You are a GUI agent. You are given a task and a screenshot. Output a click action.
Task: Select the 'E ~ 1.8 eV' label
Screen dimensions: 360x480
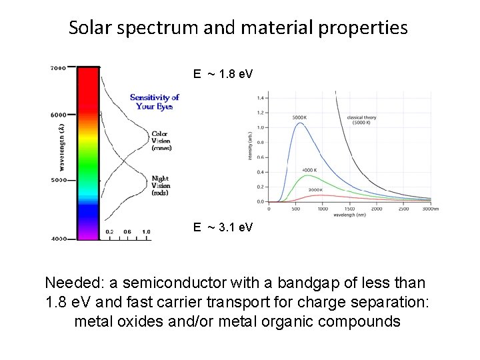(223, 74)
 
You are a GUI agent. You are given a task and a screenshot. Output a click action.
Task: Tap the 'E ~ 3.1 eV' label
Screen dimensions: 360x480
(223, 227)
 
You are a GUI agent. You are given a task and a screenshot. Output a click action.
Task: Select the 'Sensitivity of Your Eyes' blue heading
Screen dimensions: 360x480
(155, 102)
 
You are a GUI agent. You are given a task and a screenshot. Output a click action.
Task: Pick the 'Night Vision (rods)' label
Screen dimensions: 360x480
(161, 185)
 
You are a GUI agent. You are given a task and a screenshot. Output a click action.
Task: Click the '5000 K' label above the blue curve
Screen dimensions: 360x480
(299, 117)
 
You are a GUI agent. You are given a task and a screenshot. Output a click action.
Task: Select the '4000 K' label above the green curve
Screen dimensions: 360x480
(309, 169)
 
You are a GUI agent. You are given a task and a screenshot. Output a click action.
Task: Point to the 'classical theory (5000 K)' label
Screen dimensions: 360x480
(361, 121)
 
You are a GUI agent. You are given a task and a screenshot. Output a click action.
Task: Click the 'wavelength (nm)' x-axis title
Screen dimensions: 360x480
(350, 215)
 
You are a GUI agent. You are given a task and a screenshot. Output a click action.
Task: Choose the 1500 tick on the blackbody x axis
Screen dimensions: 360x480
(350, 209)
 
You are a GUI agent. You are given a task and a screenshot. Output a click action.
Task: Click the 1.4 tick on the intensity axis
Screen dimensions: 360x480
(260, 98)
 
